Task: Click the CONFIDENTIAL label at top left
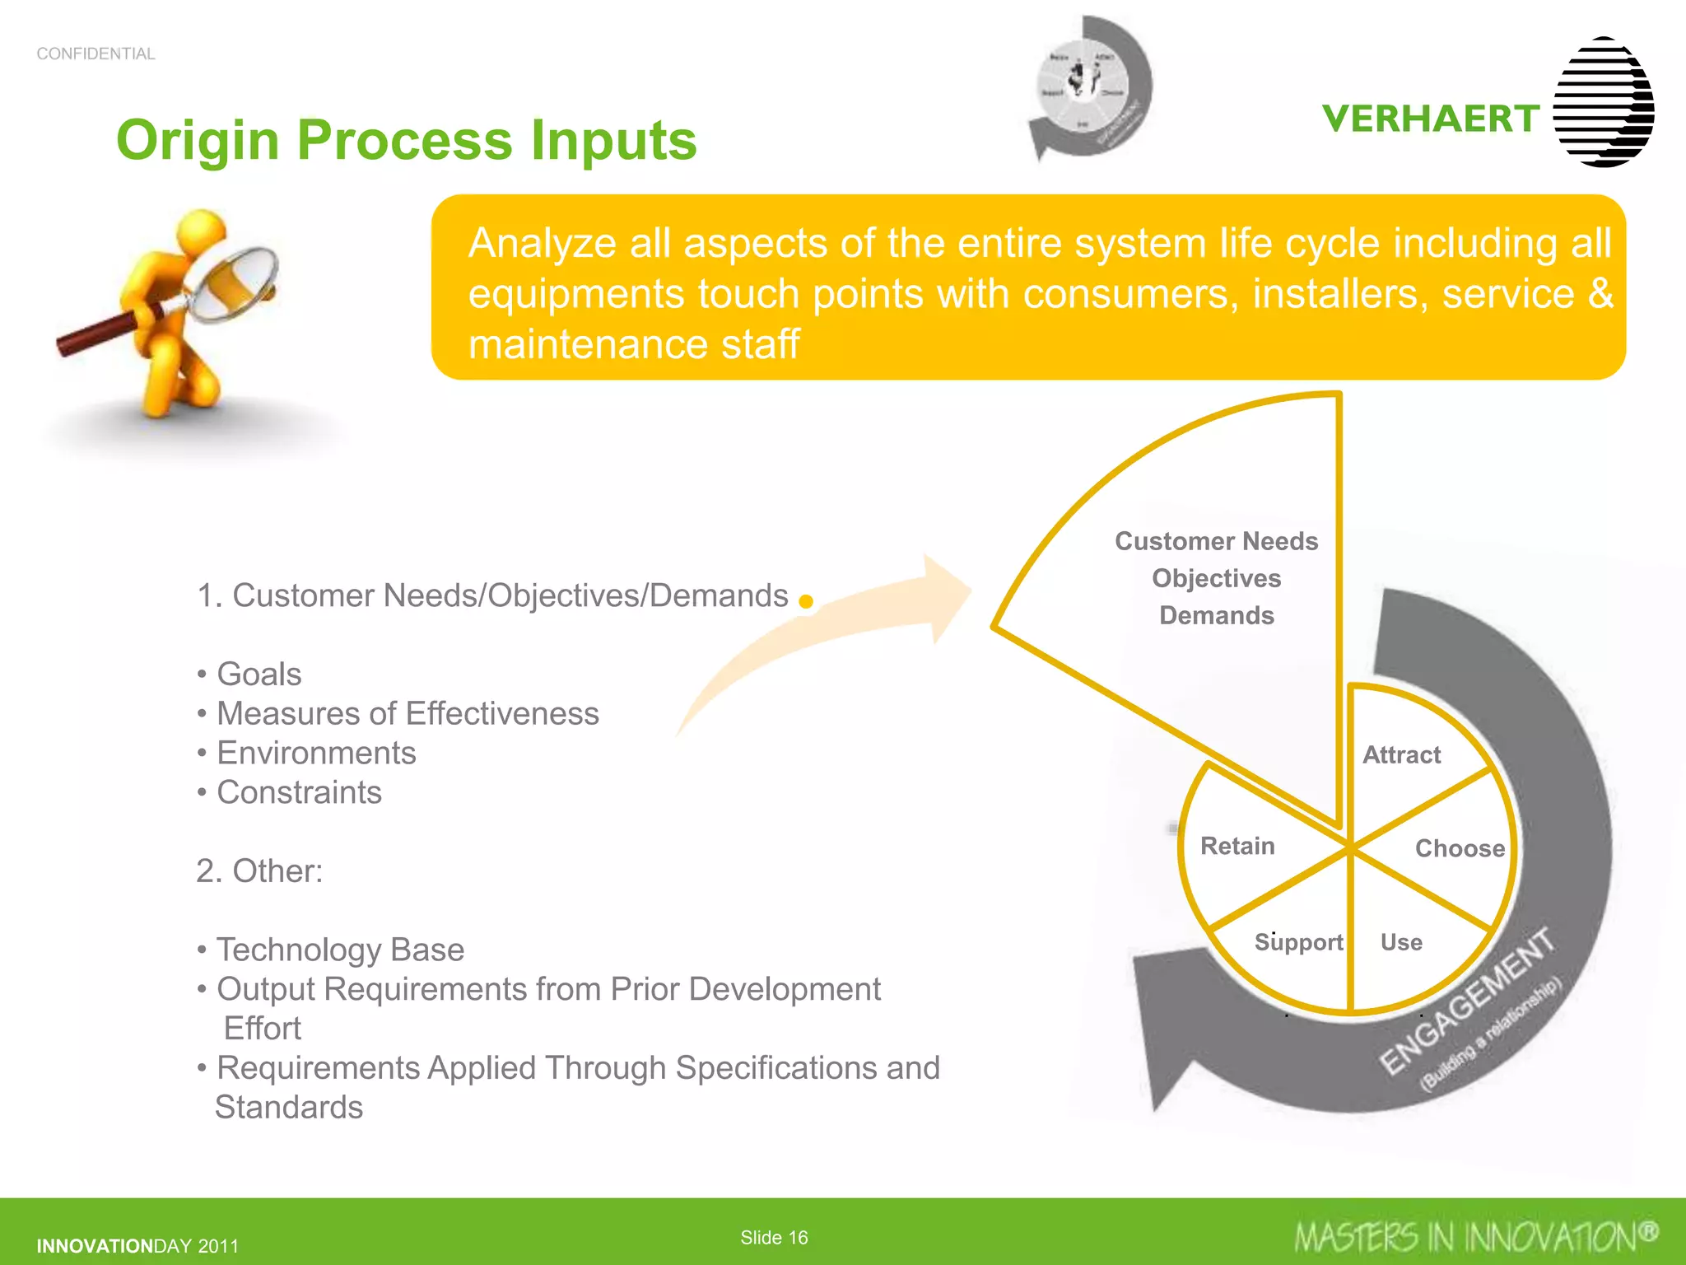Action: point(95,54)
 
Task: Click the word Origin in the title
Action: point(198,140)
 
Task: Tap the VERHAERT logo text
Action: point(1431,119)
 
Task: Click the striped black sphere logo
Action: point(1604,102)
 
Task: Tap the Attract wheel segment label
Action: point(1401,754)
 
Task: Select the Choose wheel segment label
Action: point(1459,848)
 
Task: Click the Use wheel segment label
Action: point(1401,941)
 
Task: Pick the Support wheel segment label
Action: point(1298,941)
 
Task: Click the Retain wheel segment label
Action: point(1237,846)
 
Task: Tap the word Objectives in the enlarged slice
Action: point(1216,578)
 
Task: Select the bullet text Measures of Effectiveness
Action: point(408,713)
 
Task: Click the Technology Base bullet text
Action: point(340,950)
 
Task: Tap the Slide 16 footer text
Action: point(774,1237)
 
